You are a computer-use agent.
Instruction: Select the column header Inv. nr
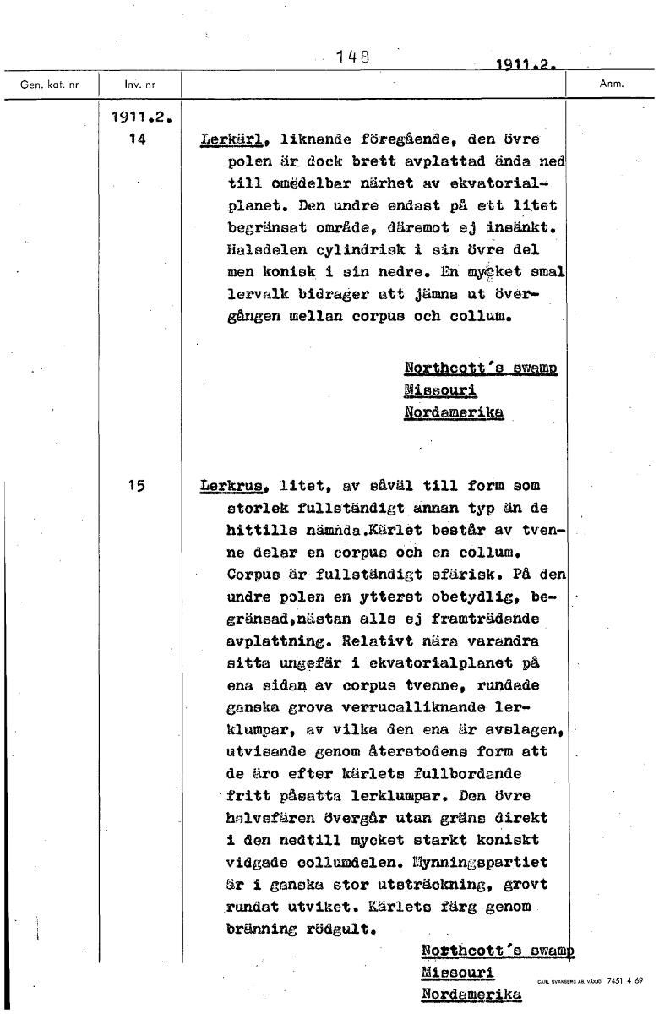(x=139, y=84)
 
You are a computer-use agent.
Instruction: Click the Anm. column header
(x=610, y=84)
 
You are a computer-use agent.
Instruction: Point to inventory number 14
(x=138, y=140)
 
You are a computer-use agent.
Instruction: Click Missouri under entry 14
(x=440, y=390)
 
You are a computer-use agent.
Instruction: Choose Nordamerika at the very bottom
(x=471, y=994)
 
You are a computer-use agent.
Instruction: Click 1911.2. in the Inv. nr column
(x=142, y=118)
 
